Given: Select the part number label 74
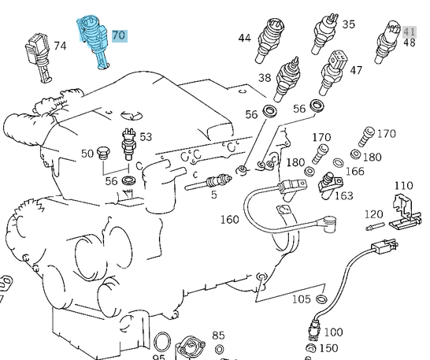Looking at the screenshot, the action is (x=60, y=46).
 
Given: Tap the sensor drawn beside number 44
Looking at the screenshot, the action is (x=269, y=40).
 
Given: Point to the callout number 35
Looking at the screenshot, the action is (x=349, y=24).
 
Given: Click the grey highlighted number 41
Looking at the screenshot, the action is (x=410, y=32).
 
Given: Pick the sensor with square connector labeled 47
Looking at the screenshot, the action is (x=332, y=72).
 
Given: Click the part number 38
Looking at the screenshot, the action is (x=265, y=78).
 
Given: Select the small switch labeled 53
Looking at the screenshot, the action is (x=128, y=144).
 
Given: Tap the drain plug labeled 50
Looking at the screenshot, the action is (x=103, y=153).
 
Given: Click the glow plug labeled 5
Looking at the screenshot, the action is (x=209, y=182).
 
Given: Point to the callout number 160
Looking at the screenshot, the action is (x=230, y=220).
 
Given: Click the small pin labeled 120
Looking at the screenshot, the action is (x=375, y=226).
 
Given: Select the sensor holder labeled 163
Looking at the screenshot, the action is (x=331, y=185).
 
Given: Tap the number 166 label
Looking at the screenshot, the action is (x=355, y=172).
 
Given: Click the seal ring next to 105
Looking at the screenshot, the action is (x=321, y=299).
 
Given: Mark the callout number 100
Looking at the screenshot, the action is (x=333, y=332).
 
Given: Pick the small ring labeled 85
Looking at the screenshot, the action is (x=219, y=349).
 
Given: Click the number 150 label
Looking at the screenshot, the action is (x=329, y=348).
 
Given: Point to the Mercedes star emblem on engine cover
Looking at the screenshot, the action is (x=132, y=115).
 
